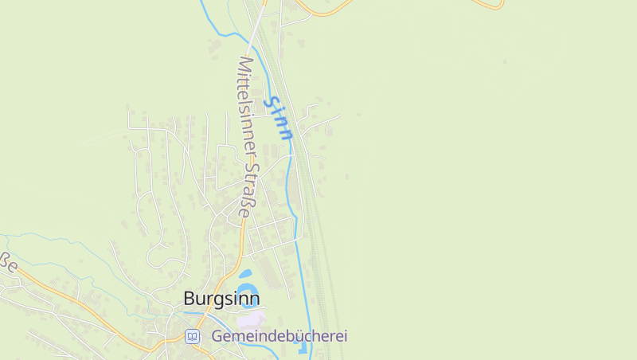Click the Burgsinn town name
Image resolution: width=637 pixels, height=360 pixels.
coord(221,299)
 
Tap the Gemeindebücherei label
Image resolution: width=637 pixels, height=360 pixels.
coord(279,336)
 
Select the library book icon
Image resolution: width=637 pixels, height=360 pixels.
coord(192,336)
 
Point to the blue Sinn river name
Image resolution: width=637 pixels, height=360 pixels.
coord(280,118)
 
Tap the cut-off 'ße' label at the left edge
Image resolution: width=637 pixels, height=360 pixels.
coord(8,262)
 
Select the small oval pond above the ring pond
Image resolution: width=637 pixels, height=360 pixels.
coord(245,274)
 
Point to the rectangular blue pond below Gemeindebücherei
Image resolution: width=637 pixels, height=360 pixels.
coord(302,347)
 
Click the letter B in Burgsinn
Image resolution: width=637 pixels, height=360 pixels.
coord(190,299)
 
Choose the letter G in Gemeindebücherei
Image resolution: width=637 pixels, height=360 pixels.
coord(217,336)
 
